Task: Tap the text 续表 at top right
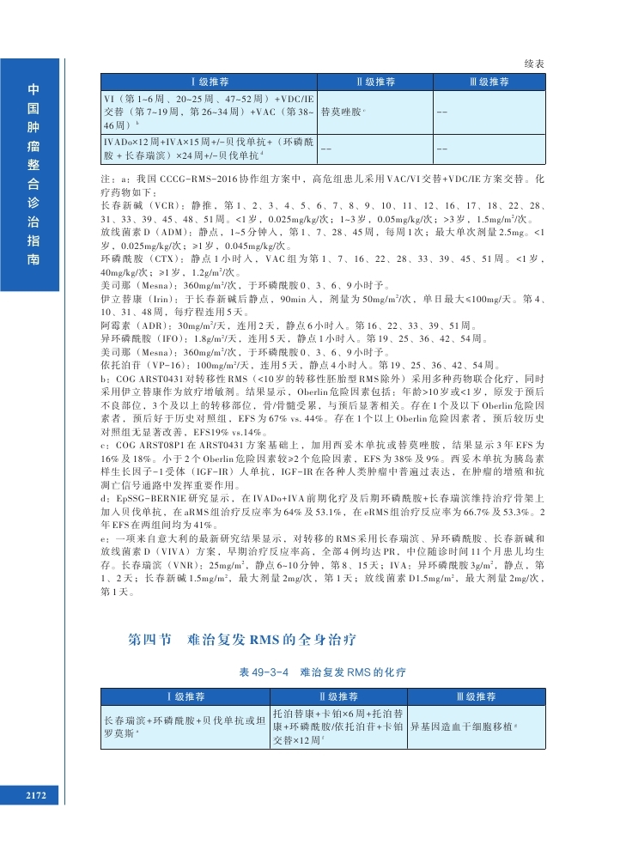click(x=535, y=64)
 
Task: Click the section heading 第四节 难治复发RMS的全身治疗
click(x=241, y=640)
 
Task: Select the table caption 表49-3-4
click(x=266, y=669)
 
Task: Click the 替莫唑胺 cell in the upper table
click(x=341, y=112)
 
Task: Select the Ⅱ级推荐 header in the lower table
click(x=338, y=696)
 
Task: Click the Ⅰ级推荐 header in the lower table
click(x=182, y=696)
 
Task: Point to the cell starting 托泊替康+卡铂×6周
click(x=338, y=726)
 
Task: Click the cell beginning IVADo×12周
click(x=209, y=149)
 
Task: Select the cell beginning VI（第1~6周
click(x=209, y=112)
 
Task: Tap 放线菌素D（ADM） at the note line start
click(x=131, y=232)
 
